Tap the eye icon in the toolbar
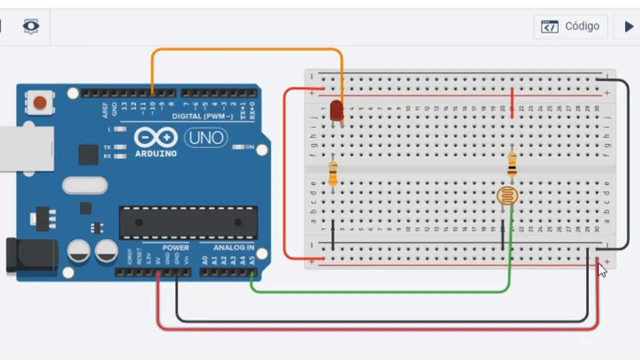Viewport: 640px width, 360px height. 31,26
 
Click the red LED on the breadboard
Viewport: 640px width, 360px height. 336,110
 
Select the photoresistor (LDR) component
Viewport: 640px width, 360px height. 507,196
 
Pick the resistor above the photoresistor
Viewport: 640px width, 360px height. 512,164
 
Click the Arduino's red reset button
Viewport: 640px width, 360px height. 40,103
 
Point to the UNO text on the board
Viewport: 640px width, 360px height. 206,138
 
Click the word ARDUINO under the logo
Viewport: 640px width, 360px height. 155,153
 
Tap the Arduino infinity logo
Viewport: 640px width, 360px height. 155,137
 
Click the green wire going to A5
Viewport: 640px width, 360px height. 380,291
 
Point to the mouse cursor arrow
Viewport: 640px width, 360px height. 602,270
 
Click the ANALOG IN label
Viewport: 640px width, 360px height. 233,247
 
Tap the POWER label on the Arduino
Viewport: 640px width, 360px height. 175,247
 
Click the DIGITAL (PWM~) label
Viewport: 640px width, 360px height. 202,116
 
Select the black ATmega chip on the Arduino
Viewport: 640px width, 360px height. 188,222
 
